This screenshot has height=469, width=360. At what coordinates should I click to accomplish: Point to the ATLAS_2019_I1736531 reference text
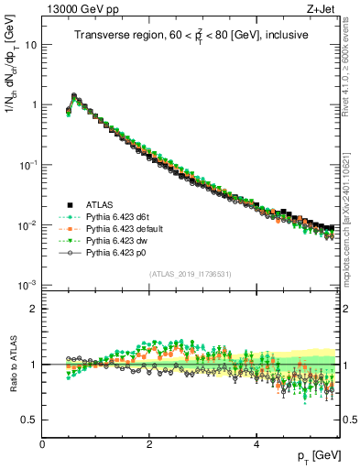coord(191,274)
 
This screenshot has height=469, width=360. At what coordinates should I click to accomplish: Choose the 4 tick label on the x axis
coord(256,444)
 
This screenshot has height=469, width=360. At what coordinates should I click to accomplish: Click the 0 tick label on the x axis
coord(42,444)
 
